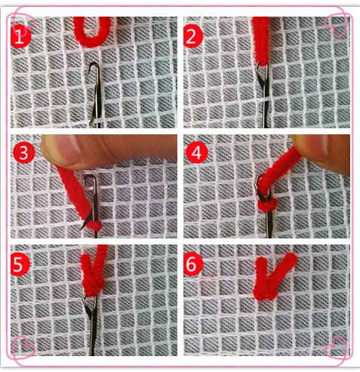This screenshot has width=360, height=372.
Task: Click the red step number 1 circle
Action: (20, 36)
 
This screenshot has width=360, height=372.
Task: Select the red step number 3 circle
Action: (23, 152)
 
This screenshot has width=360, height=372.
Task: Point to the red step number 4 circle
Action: (197, 152)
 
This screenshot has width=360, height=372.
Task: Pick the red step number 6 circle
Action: (193, 265)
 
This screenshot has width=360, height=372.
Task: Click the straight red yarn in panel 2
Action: (261, 40)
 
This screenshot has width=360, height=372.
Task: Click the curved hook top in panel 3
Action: (90, 178)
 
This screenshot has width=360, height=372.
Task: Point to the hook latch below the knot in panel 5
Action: (89, 308)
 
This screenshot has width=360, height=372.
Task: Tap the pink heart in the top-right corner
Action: (336, 26)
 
